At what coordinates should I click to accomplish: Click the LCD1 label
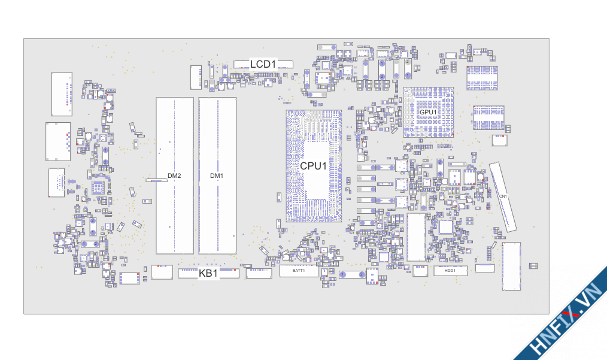pyautogui.click(x=263, y=64)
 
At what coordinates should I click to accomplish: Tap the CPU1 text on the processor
pyautogui.click(x=313, y=166)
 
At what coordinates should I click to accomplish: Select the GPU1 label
pyautogui.click(x=428, y=112)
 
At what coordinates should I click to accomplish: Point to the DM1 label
pyautogui.click(x=217, y=176)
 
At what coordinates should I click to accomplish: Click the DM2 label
pyautogui.click(x=174, y=176)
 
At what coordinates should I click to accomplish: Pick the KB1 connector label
pyautogui.click(x=208, y=273)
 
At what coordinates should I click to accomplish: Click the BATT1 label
pyautogui.click(x=299, y=271)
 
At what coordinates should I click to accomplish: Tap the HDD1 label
pyautogui.click(x=450, y=270)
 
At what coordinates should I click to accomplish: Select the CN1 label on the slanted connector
pyautogui.click(x=503, y=196)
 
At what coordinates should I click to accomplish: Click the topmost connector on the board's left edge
pyautogui.click(x=62, y=94)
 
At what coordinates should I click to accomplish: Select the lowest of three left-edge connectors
pyautogui.click(x=56, y=183)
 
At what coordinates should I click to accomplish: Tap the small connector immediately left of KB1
pyautogui.click(x=161, y=273)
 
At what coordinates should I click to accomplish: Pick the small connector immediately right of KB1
pyautogui.click(x=259, y=273)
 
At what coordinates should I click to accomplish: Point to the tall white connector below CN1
pyautogui.click(x=512, y=266)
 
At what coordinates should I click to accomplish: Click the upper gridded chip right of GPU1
pyautogui.click(x=482, y=78)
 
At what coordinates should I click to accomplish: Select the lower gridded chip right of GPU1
pyautogui.click(x=488, y=117)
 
